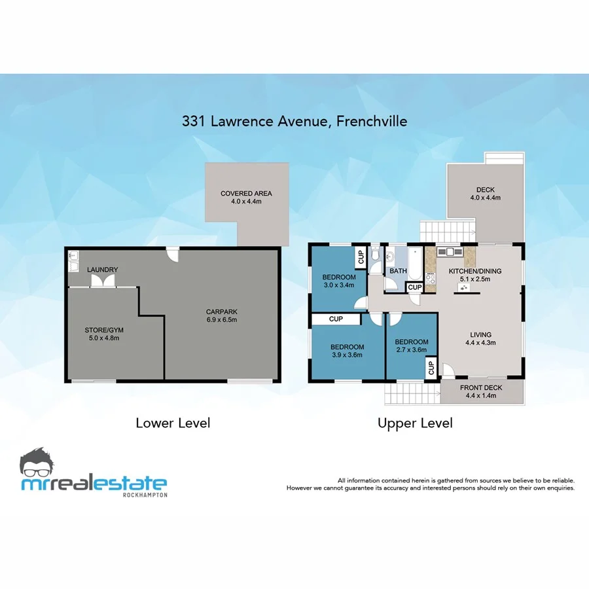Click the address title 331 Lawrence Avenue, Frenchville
(x=294, y=121)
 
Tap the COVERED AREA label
(x=246, y=194)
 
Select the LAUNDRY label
(x=101, y=270)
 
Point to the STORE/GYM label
(x=101, y=330)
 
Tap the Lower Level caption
(x=173, y=423)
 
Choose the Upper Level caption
(x=415, y=423)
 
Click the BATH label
(x=398, y=270)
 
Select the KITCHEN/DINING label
(x=476, y=270)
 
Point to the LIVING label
(x=480, y=334)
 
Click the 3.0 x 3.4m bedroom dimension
(x=338, y=285)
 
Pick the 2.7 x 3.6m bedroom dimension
(x=412, y=350)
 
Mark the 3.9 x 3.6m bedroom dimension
(x=347, y=355)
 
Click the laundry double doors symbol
(x=101, y=281)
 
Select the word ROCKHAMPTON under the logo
(x=145, y=495)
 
